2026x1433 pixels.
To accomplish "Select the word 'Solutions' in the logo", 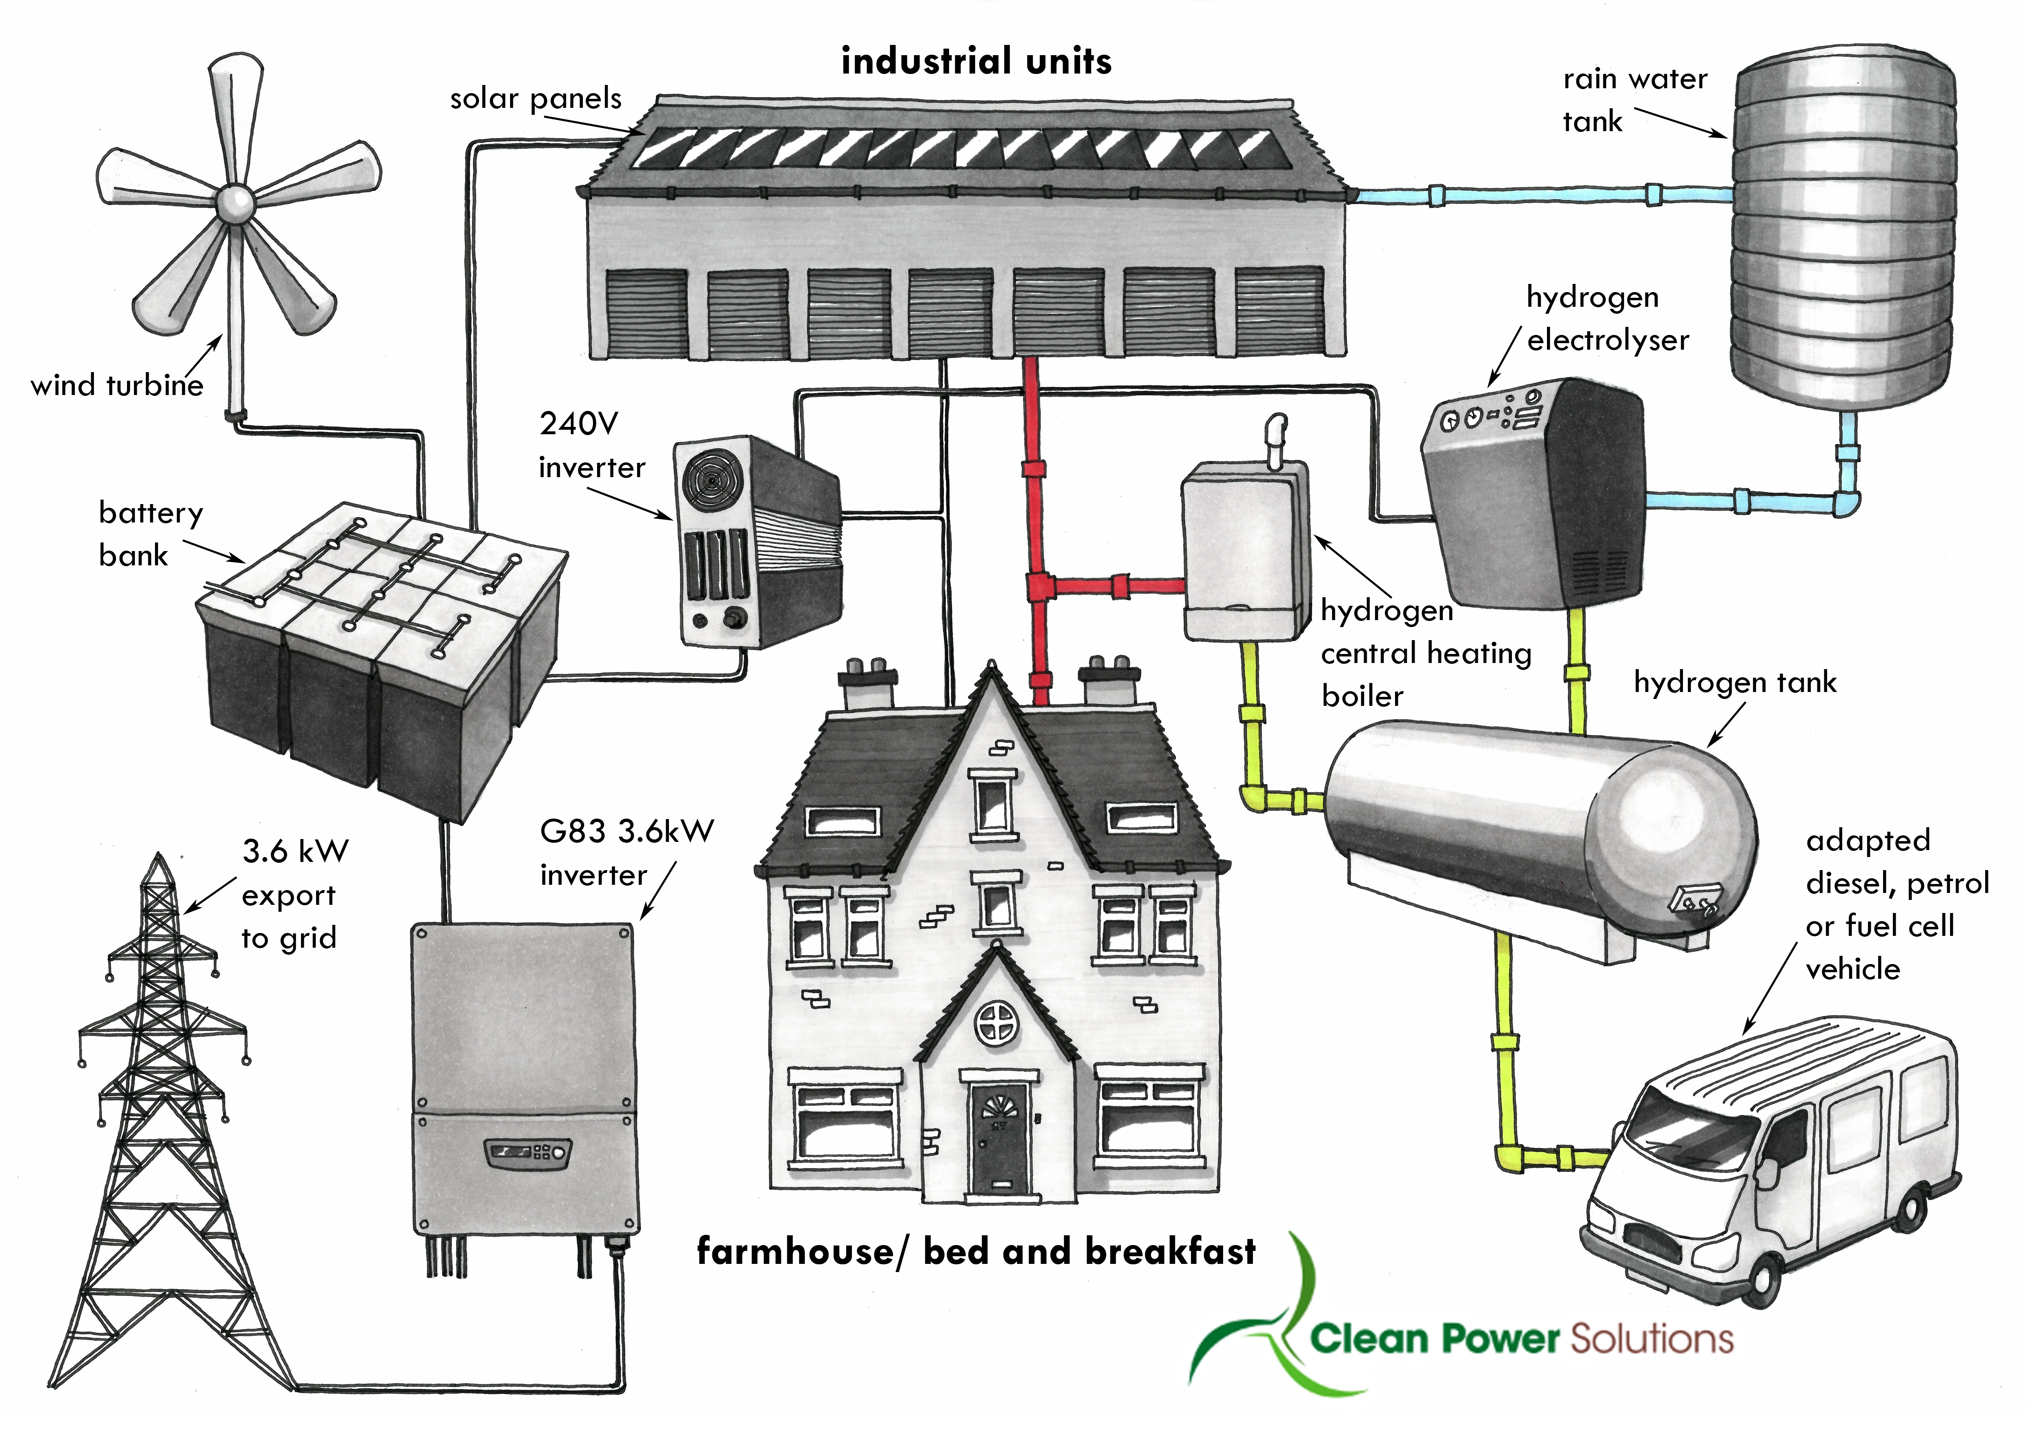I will coord(1652,1339).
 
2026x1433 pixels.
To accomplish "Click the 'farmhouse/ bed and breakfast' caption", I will coord(976,1251).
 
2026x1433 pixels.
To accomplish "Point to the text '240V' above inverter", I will coord(579,424).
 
